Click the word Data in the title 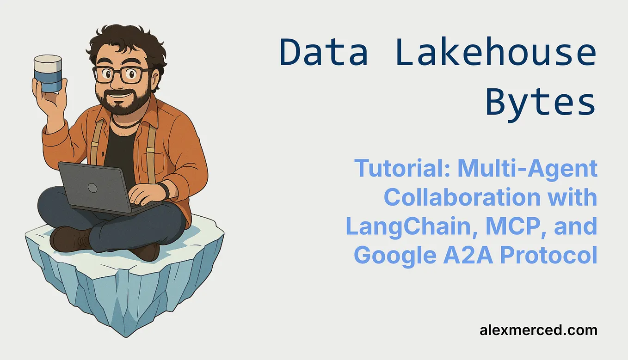[x=324, y=52]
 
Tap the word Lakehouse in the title [x=496, y=52]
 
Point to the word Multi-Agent [x=527, y=169]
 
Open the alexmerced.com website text [x=538, y=330]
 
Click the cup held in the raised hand [x=48, y=73]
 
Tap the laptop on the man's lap [x=97, y=187]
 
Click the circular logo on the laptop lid [x=92, y=188]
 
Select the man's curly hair [x=125, y=44]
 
